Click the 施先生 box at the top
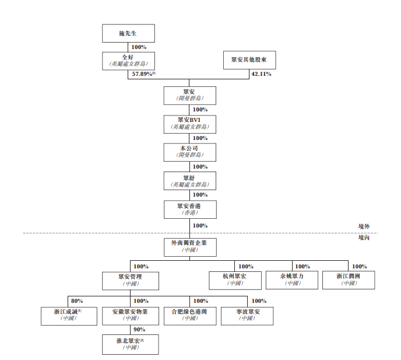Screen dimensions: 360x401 click(129, 33)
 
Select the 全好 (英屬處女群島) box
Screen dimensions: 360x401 click(129, 61)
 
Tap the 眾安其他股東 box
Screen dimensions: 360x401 click(249, 61)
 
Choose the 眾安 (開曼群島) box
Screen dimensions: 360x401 click(189, 95)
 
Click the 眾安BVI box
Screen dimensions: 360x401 click(189, 123)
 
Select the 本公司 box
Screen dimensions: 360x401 click(189, 152)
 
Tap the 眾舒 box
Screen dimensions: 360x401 click(189, 180)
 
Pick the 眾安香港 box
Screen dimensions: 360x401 click(189, 209)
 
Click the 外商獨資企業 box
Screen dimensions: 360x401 click(189, 246)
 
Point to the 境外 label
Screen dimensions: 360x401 click(364, 226)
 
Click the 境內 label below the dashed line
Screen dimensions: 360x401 click(364, 238)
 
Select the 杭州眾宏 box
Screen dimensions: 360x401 click(234, 279)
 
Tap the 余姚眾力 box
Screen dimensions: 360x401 click(291, 279)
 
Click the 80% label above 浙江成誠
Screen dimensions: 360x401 click(78, 301)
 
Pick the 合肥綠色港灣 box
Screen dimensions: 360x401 click(189, 315)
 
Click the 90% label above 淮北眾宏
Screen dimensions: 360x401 click(139, 330)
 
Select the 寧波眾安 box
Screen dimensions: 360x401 click(248, 315)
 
